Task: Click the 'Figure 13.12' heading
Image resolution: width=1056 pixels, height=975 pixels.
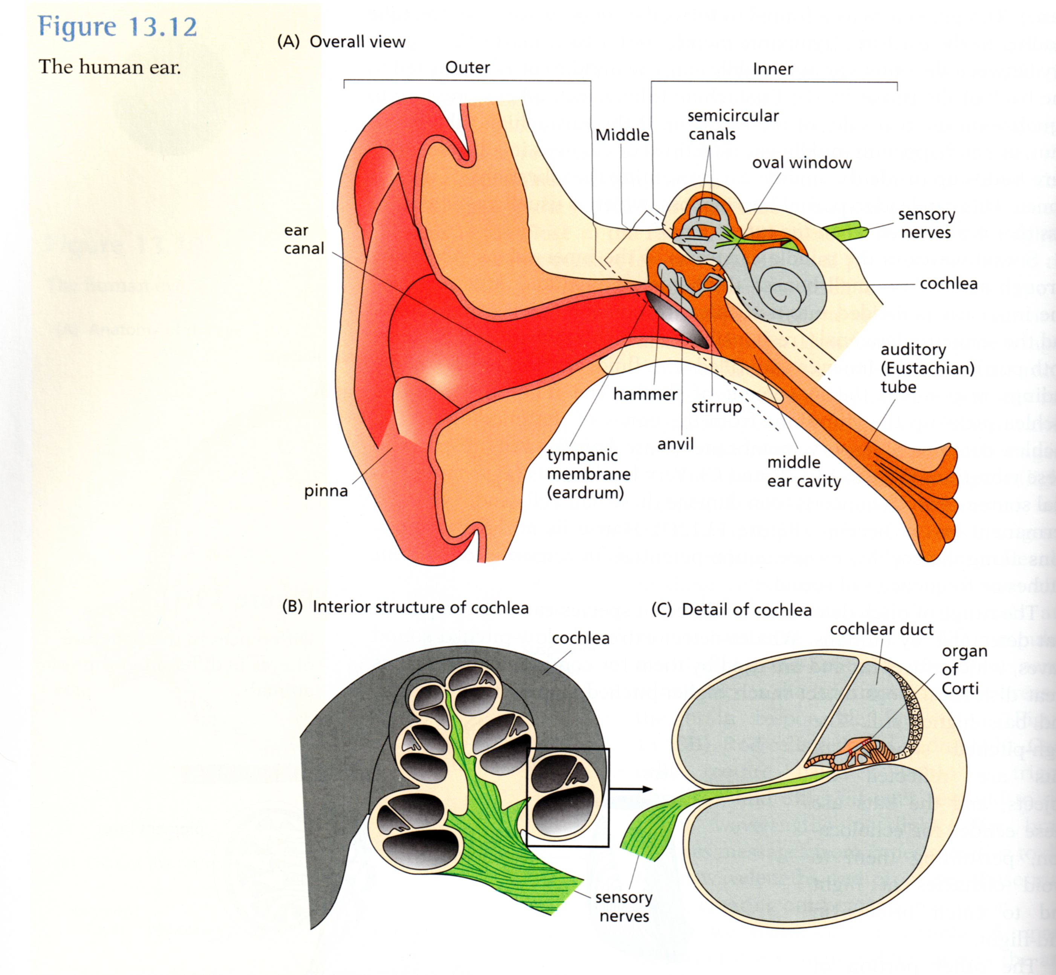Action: [118, 26]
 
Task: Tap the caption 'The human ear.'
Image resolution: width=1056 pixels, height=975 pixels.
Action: [110, 67]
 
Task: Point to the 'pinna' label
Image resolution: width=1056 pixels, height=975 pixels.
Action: [326, 491]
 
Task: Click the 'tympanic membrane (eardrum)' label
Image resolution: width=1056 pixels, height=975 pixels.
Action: [588, 474]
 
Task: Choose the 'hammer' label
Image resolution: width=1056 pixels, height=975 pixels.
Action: [645, 394]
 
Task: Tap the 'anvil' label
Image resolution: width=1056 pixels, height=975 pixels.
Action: [675, 444]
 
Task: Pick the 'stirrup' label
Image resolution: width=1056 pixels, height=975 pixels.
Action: [716, 407]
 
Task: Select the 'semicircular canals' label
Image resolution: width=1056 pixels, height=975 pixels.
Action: [733, 125]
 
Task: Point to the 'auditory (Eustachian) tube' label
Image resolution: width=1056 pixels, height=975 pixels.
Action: [927, 368]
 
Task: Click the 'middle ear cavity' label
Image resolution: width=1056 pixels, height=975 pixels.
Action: [803, 472]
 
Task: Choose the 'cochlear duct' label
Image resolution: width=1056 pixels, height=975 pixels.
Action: [882, 629]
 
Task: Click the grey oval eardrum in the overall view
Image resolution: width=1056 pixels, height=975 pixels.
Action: [677, 320]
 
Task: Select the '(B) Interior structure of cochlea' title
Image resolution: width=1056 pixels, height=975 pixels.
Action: [405, 607]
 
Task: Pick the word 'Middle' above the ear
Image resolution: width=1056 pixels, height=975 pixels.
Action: [622, 135]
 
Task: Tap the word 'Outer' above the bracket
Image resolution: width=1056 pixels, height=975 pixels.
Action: [467, 67]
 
